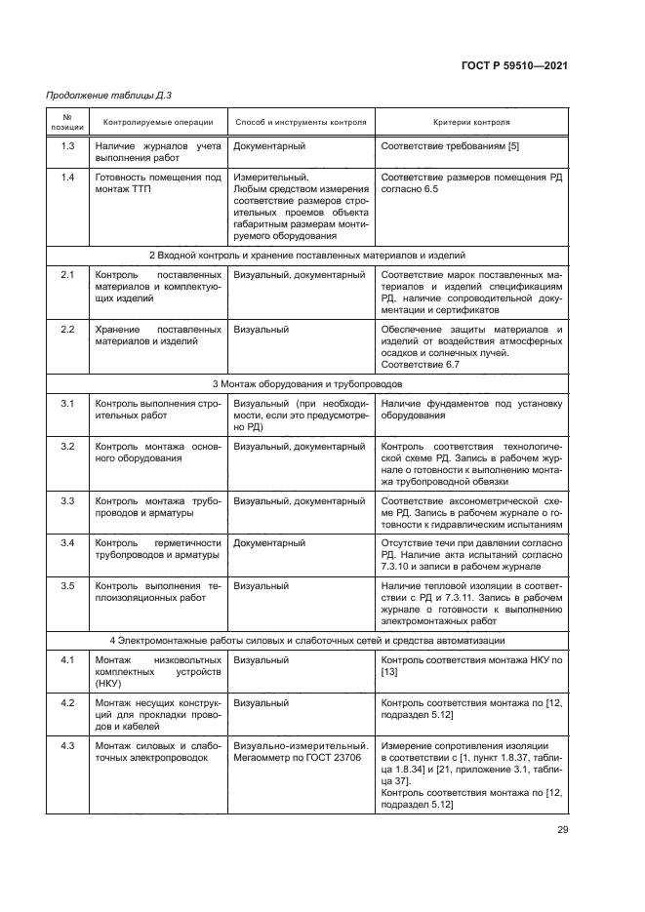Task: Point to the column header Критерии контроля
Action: pyautogui.click(x=471, y=124)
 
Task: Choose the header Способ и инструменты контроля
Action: pyautogui.click(x=302, y=124)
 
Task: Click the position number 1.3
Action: pyautogui.click(x=68, y=146)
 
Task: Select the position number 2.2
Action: pyautogui.click(x=68, y=330)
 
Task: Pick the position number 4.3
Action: pyautogui.click(x=68, y=746)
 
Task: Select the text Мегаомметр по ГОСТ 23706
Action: pyautogui.click(x=293, y=758)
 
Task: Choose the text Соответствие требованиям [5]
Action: pyautogui.click(x=443, y=146)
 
